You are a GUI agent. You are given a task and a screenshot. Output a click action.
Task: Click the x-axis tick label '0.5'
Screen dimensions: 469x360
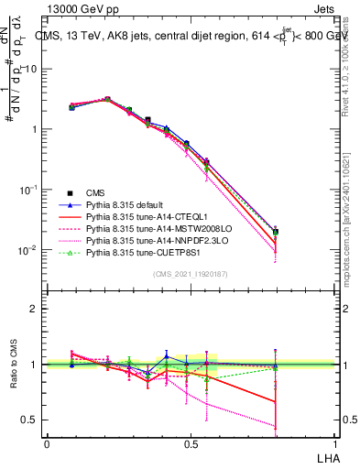pos(191,443)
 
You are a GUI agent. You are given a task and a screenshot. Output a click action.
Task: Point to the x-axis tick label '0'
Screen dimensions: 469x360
pos(47,443)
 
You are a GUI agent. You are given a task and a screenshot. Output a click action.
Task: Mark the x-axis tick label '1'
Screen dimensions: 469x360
pos(334,443)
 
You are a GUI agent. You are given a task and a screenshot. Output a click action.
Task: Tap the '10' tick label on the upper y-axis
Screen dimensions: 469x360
pos(30,69)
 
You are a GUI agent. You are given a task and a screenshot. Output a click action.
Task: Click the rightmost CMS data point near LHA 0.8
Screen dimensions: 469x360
pos(276,232)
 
